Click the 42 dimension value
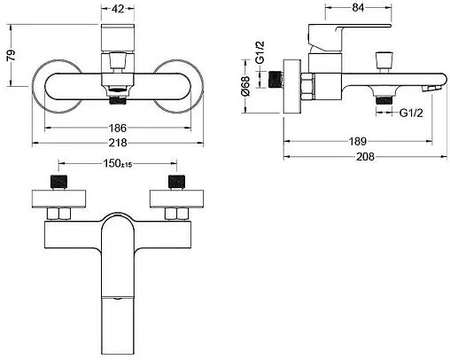tap(118, 9)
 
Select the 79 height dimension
tap(12, 55)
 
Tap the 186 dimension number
tap(118, 128)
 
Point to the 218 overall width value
tap(118, 143)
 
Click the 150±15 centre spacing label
tap(118, 163)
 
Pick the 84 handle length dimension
tap(358, 8)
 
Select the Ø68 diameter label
tap(245, 86)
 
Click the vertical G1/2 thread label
tap(260, 52)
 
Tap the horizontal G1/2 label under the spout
tap(411, 113)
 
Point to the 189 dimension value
tap(358, 141)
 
